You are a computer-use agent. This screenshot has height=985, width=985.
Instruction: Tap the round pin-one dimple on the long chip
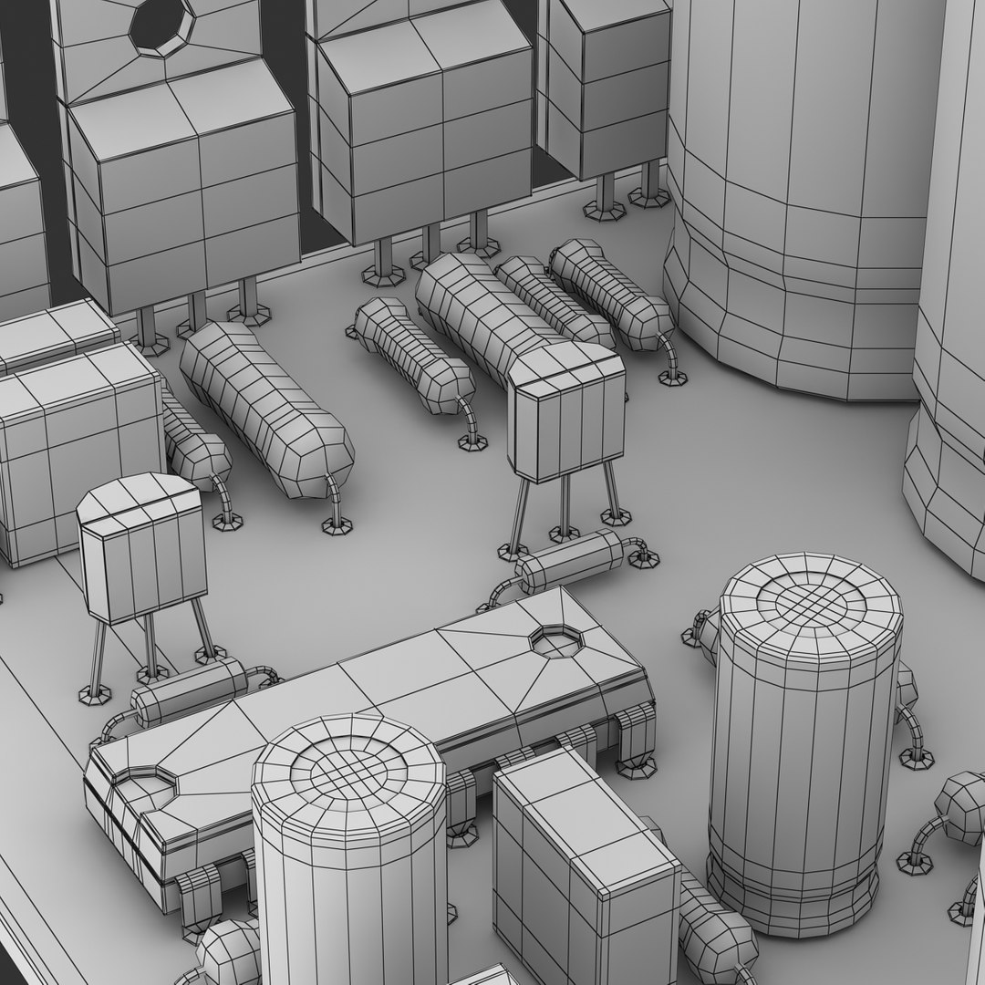555,640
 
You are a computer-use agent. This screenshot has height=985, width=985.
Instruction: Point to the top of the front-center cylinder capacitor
348,766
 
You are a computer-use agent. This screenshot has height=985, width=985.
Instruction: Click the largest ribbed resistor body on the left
264,410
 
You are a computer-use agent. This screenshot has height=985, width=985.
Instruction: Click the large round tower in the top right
793,192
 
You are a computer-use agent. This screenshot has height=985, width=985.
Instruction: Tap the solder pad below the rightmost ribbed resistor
672,377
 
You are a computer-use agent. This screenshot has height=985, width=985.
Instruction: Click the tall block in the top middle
424,128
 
